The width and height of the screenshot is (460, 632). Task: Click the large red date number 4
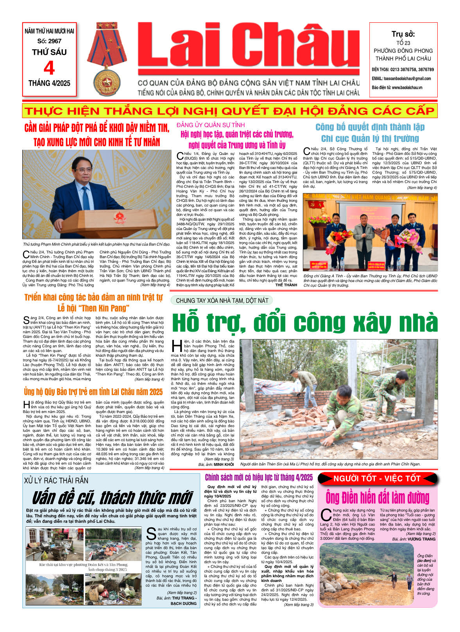coord(49,68)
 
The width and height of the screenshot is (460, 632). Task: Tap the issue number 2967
coord(55,41)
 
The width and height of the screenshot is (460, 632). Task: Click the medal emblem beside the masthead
coord(107,83)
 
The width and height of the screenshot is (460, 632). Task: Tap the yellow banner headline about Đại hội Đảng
coord(229,111)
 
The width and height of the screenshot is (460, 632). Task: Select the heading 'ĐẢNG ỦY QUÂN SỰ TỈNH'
coord(210,125)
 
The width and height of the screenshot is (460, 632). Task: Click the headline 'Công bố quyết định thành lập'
coord(370,127)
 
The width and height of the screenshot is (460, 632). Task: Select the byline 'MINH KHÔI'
coord(224,464)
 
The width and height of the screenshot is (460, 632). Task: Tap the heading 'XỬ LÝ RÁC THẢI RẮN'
coord(56,481)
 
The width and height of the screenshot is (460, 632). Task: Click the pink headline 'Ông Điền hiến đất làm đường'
coord(377,497)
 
